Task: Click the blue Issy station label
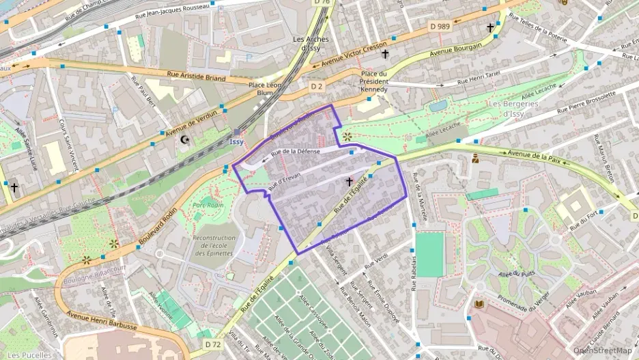[236, 141]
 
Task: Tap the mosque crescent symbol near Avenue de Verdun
[183, 140]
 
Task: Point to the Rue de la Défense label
[295, 152]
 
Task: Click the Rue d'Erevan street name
[285, 180]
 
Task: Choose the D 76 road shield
[322, 2]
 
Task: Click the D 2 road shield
[316, 87]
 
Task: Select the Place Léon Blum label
[266, 89]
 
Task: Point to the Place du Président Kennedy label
[373, 81]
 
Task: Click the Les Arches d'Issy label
[311, 44]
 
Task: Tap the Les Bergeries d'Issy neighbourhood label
[513, 108]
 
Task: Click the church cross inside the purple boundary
[350, 182]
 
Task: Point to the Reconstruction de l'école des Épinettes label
[214, 246]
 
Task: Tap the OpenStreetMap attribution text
[602, 350]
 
